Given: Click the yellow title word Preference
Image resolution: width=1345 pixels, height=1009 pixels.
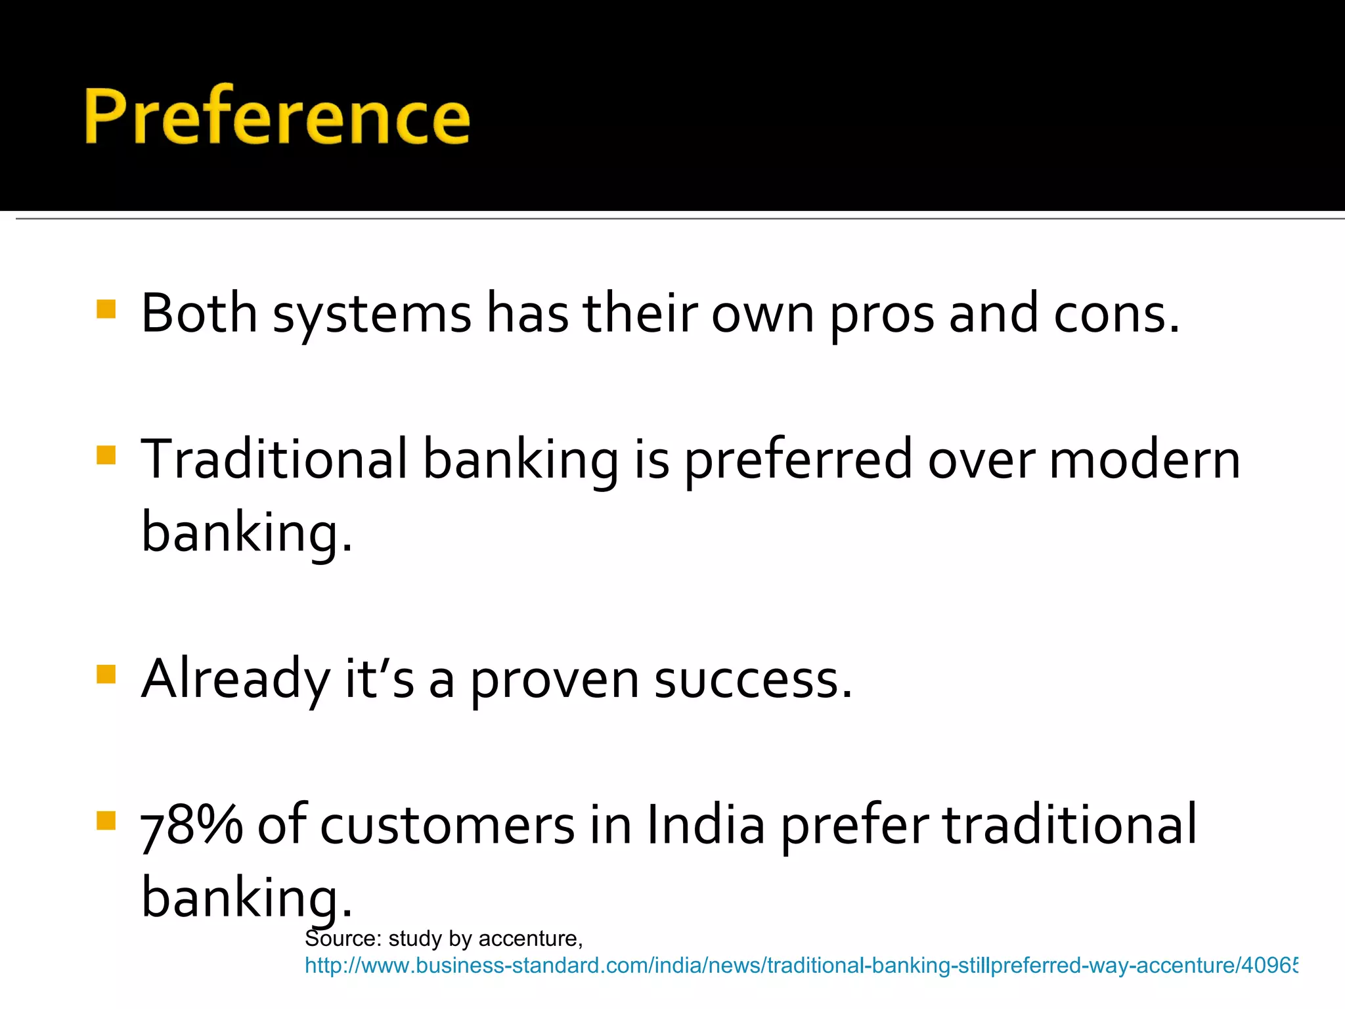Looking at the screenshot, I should (x=276, y=116).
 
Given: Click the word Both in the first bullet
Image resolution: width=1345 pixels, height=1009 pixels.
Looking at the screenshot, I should (x=198, y=313).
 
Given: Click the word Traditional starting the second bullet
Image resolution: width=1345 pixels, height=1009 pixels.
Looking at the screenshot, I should (x=275, y=459).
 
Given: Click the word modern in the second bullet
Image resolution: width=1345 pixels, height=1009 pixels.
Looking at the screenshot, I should (x=1145, y=459).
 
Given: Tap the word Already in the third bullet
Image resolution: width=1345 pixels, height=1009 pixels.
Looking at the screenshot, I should (x=235, y=680).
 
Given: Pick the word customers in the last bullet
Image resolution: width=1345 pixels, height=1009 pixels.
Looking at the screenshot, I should (x=447, y=826).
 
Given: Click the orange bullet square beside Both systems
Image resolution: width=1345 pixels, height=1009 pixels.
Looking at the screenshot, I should (x=106, y=309).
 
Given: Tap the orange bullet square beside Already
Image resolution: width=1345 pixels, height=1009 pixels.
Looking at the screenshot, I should (x=106, y=675).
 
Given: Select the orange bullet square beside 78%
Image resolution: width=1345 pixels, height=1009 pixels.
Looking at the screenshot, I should (x=106, y=820).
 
